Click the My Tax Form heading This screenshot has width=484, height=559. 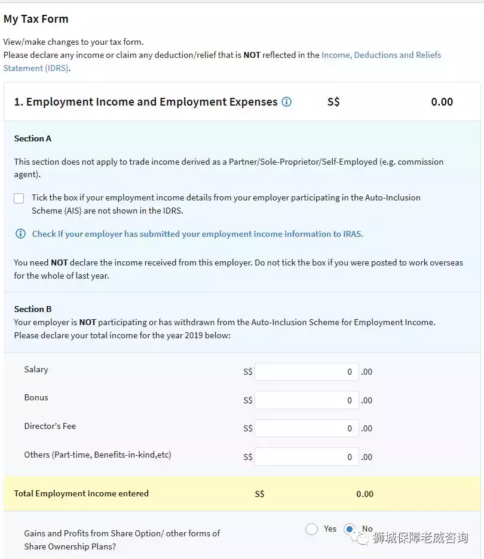coord(36,19)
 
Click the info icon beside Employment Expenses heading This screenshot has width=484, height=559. coord(287,102)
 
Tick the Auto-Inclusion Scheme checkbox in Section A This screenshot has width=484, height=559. coord(19,198)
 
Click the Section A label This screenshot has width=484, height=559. coord(33,138)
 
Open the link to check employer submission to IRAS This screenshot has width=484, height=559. coord(197,234)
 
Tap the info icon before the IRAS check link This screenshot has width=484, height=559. coord(20,234)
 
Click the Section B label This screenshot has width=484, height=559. coord(33,309)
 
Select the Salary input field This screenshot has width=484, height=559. coord(307,372)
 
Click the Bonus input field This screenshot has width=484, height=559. coord(307,400)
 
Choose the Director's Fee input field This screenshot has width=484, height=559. coord(307,428)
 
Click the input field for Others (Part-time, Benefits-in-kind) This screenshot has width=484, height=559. coord(307,457)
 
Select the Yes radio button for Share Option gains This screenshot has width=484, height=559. coord(311,529)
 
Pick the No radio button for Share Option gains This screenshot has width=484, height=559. coord(350,529)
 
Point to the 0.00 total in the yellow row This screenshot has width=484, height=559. coord(364,494)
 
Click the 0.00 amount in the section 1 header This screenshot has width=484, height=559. coord(442,102)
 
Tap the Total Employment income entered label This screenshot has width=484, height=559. coord(81,493)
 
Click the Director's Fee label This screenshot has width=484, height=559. coord(50,426)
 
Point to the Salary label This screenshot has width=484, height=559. coord(36,369)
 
